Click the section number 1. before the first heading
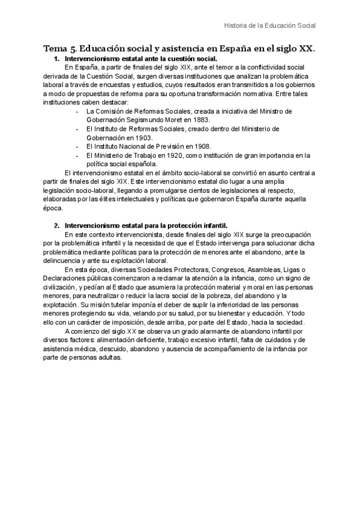56,59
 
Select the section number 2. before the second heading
56,226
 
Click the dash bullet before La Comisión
77,112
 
